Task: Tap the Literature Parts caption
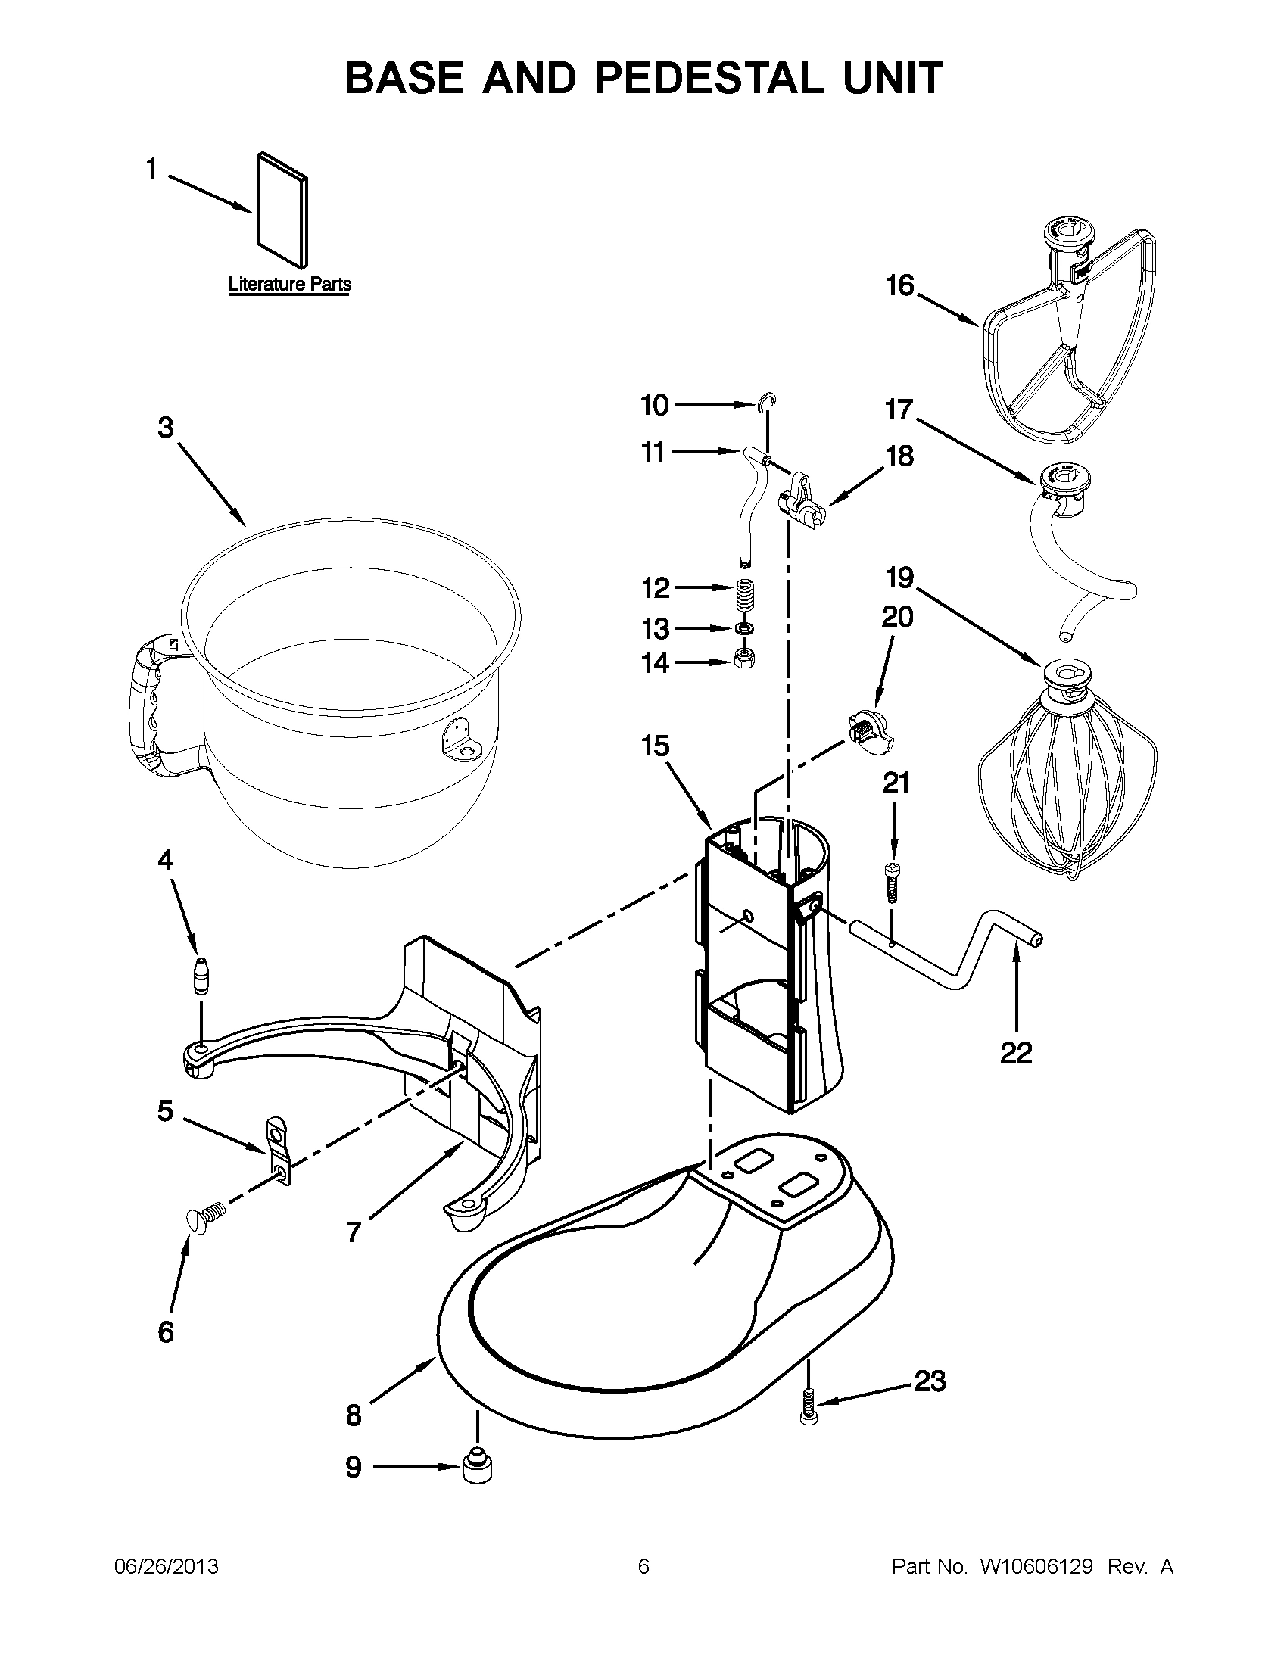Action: (290, 285)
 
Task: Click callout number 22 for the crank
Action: (1015, 1053)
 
